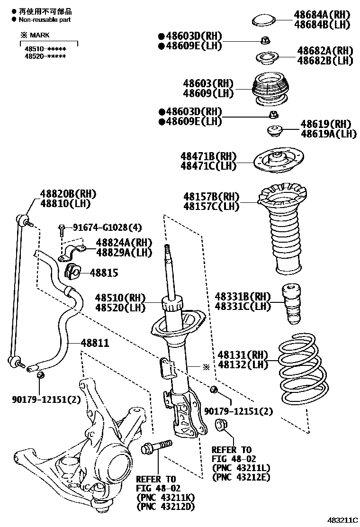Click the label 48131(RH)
coord(243,355)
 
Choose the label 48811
coord(95,343)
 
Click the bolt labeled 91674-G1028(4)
coord(62,231)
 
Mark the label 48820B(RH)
coord(68,193)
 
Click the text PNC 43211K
coord(165,497)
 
